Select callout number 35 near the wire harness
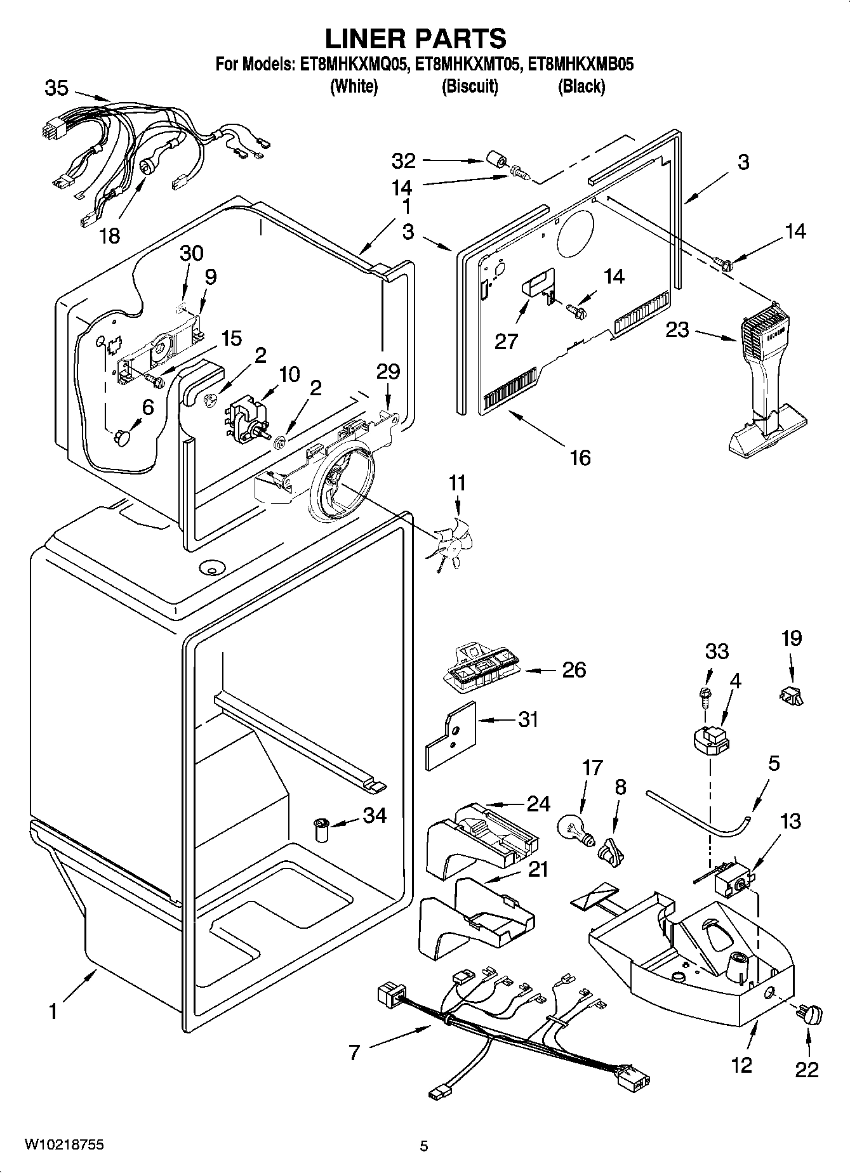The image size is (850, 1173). (x=56, y=88)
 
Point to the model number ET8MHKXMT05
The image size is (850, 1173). (x=469, y=65)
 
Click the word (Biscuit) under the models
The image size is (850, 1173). (x=469, y=86)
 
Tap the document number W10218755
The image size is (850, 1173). (x=63, y=1144)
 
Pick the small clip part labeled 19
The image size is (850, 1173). (x=790, y=697)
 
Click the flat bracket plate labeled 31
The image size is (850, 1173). (x=449, y=735)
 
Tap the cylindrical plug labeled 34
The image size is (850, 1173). (x=322, y=829)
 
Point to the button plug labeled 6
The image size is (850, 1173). (x=122, y=437)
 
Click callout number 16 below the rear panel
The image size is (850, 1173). (x=580, y=457)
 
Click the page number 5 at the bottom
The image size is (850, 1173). (x=424, y=1146)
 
